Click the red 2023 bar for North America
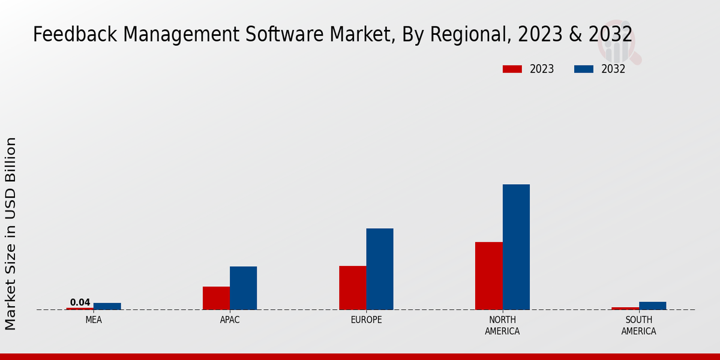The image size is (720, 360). click(488, 275)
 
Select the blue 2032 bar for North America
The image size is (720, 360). click(516, 247)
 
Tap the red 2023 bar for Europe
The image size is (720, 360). click(352, 287)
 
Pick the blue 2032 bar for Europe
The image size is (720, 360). click(380, 269)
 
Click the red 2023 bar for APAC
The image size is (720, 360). click(216, 298)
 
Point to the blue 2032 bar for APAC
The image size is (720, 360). click(243, 288)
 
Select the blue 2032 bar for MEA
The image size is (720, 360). click(107, 306)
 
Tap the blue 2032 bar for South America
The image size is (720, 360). click(652, 305)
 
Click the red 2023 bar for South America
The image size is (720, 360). click(625, 308)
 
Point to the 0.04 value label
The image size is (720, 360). click(80, 302)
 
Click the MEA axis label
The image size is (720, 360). click(94, 320)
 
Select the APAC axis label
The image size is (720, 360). click(230, 320)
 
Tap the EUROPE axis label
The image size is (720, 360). click(366, 320)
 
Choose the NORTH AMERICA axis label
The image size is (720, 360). click(502, 325)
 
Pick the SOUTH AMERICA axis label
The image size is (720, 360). click(638, 325)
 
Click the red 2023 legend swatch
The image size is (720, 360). click(512, 69)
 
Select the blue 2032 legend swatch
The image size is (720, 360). click(583, 69)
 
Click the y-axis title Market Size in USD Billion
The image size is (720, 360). click(11, 233)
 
